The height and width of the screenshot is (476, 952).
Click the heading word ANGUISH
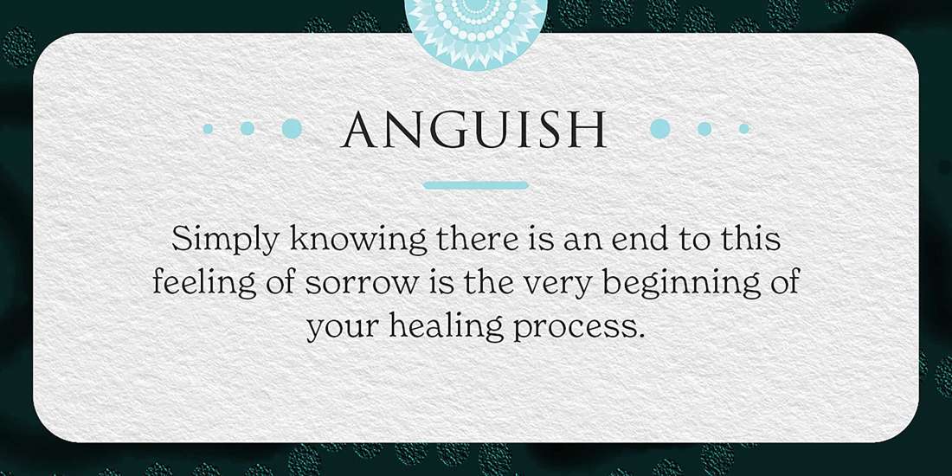[475, 130]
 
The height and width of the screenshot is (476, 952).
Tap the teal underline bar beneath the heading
[476, 185]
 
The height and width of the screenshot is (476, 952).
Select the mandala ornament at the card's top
[476, 22]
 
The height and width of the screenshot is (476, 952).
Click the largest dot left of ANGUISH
[293, 128]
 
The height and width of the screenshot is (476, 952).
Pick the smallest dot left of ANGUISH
[208, 128]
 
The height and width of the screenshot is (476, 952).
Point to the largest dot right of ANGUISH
[660, 128]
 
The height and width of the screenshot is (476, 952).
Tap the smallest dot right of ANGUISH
[744, 128]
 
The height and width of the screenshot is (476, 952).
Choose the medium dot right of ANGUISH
[704, 128]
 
